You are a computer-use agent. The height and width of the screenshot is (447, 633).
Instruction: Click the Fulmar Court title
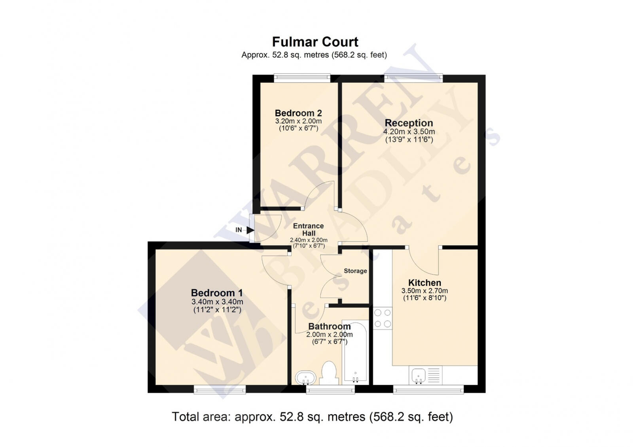click(315, 42)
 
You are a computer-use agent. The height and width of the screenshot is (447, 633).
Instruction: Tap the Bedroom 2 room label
click(298, 113)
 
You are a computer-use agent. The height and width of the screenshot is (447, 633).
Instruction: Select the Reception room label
click(409, 123)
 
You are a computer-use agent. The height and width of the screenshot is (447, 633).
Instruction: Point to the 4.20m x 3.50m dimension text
click(409, 132)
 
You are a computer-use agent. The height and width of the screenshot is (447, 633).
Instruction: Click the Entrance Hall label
click(308, 230)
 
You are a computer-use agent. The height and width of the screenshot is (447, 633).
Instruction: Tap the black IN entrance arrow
click(250, 230)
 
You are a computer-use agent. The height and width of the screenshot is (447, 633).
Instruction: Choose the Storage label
click(355, 271)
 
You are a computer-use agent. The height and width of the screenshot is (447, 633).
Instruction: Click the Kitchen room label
click(425, 283)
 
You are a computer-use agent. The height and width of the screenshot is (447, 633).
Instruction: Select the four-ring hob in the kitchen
click(383, 319)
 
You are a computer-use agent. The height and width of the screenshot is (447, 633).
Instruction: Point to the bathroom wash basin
click(305, 377)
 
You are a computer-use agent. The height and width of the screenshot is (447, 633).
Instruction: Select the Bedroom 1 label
click(216, 293)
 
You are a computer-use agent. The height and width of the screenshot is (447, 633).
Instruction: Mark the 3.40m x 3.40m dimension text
click(217, 302)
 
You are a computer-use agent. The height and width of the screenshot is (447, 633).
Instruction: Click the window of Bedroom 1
click(220, 390)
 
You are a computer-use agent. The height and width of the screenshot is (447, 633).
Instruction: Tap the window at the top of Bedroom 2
click(302, 78)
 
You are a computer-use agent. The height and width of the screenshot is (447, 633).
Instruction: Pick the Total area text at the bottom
click(312, 417)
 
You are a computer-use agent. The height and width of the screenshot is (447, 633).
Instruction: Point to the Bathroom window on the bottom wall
click(330, 390)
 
